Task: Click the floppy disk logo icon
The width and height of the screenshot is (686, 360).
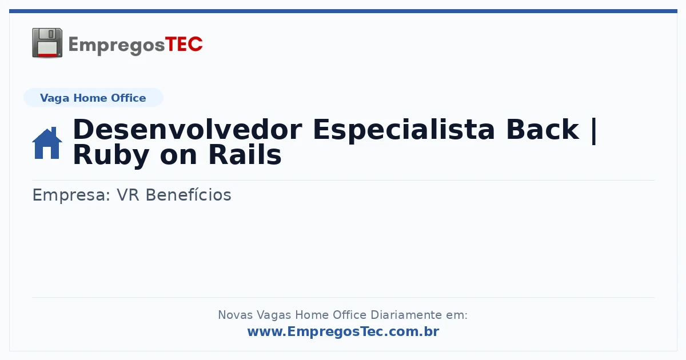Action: click(x=47, y=43)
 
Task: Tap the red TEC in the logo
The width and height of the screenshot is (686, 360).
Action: click(x=184, y=44)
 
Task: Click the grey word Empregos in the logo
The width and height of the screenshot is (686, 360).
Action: click(x=117, y=45)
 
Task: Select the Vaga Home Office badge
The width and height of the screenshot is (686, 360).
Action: click(x=93, y=98)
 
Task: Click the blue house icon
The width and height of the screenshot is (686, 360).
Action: click(x=47, y=143)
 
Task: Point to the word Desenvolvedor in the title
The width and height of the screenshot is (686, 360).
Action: click(x=188, y=130)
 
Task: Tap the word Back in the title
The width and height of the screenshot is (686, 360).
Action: click(x=543, y=130)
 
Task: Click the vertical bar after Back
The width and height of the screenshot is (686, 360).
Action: click(x=594, y=131)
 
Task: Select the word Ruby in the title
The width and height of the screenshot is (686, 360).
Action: click(x=111, y=156)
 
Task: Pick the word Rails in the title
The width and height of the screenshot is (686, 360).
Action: click(x=245, y=155)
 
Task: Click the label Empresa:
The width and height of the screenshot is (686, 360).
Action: click(x=71, y=195)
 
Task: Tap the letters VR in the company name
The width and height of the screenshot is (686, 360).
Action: click(x=128, y=195)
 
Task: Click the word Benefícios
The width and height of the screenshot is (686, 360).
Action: click(x=188, y=195)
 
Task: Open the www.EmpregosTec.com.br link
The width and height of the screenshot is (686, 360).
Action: click(x=344, y=331)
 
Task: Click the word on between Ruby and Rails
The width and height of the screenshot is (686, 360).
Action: click(x=178, y=156)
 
